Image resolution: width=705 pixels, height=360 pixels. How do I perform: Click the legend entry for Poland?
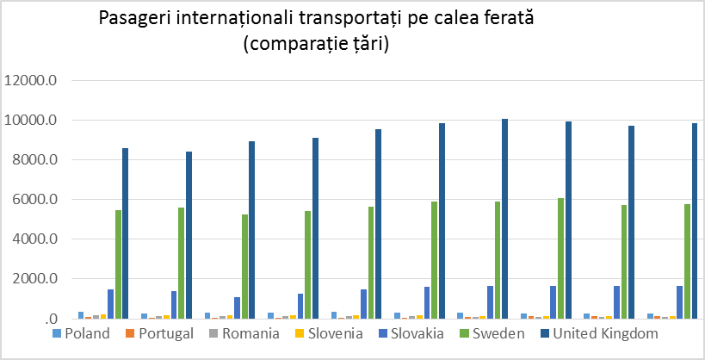pos(87,333)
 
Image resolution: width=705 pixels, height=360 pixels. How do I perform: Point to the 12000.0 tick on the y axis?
pos(31,81)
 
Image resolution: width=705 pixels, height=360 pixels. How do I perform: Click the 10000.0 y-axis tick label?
pos(31,121)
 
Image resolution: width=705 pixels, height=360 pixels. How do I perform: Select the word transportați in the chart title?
pos(374,19)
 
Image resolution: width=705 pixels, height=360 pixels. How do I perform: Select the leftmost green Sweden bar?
pos(118,264)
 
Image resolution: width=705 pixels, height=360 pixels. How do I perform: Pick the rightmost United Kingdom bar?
pos(695,220)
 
